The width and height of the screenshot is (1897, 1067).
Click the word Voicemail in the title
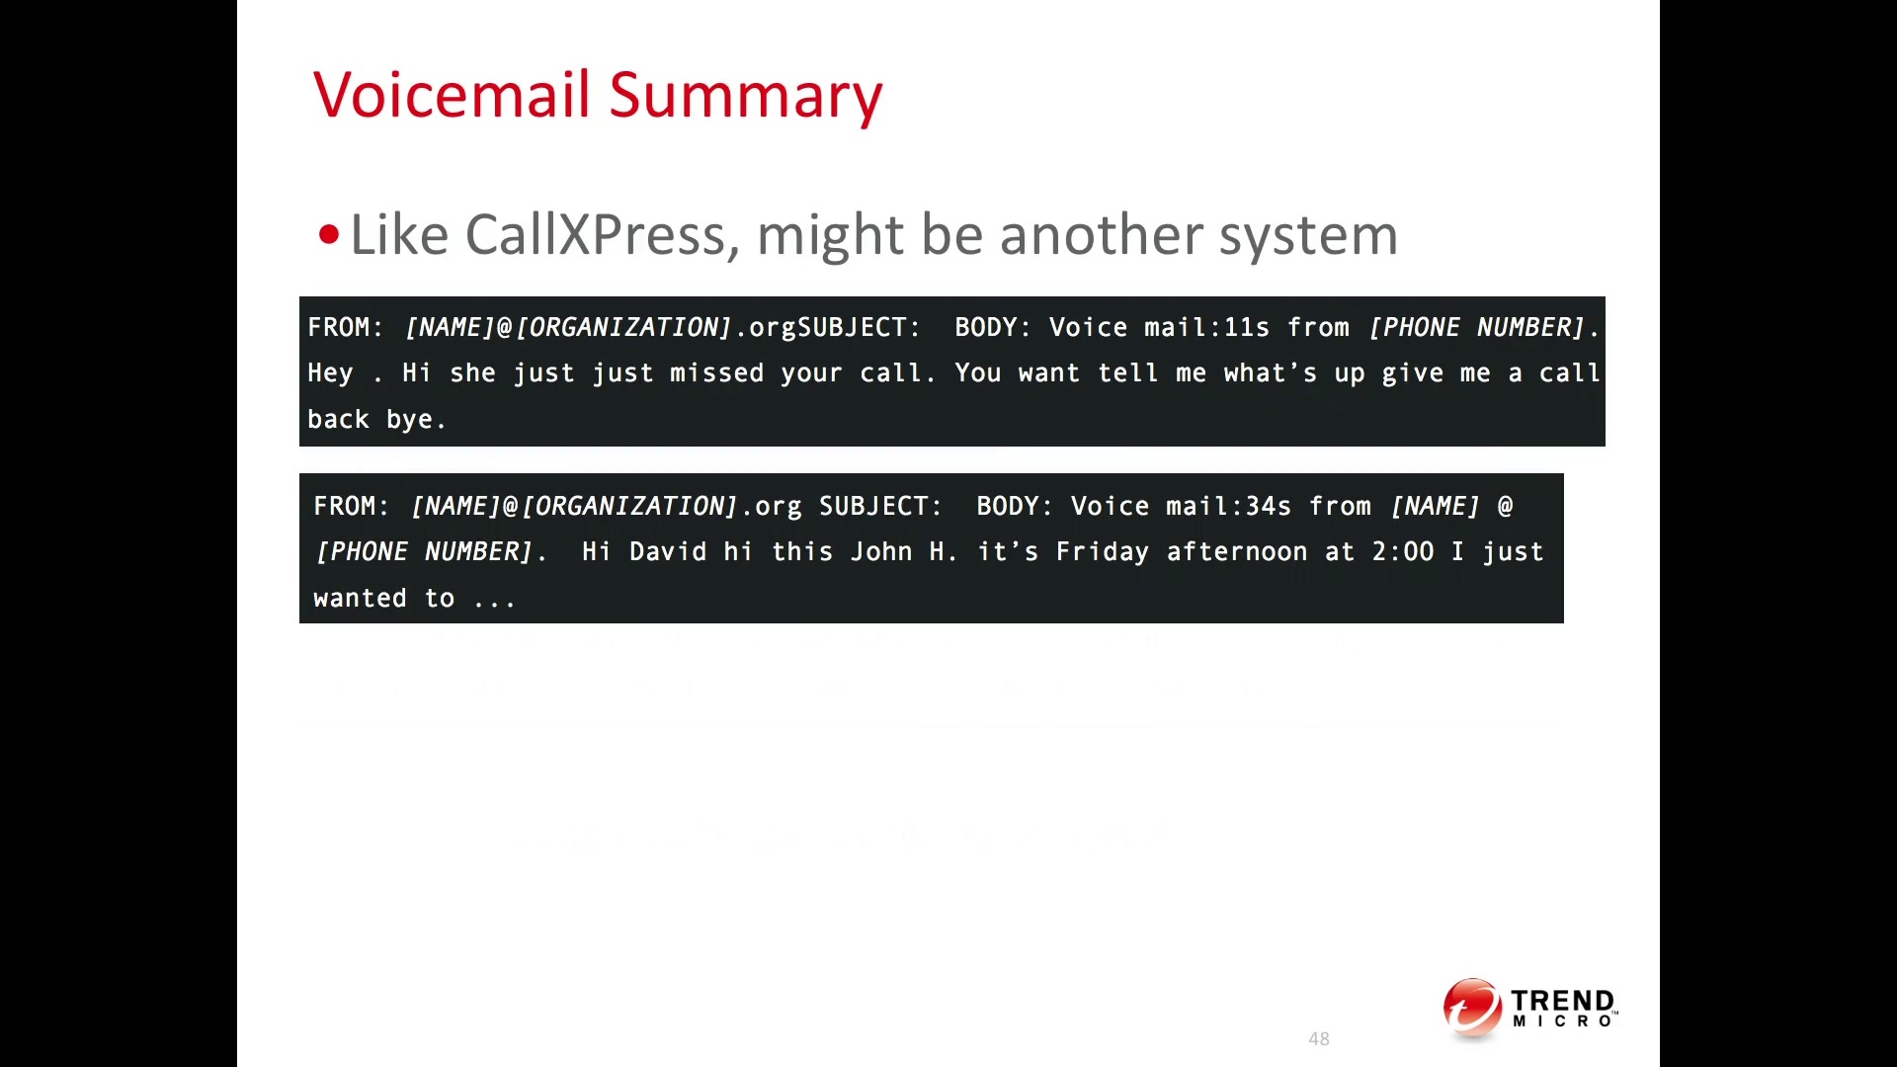453,95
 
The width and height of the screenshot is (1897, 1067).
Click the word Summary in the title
746,99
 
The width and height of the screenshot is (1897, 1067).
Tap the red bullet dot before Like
329,235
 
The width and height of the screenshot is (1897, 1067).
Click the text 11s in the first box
1247,327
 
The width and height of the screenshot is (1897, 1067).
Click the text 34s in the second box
1269,506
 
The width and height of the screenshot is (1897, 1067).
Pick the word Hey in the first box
330,373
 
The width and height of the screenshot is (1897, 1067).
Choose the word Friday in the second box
1102,552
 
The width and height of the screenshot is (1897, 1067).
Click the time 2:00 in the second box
1402,551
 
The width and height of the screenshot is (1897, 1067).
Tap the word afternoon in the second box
1237,551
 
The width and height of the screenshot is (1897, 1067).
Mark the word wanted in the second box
360,598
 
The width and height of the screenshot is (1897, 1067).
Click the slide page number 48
1319,1038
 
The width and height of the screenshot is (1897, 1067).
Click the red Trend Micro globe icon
1472,1009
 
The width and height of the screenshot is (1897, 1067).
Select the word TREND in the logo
1562,1001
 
